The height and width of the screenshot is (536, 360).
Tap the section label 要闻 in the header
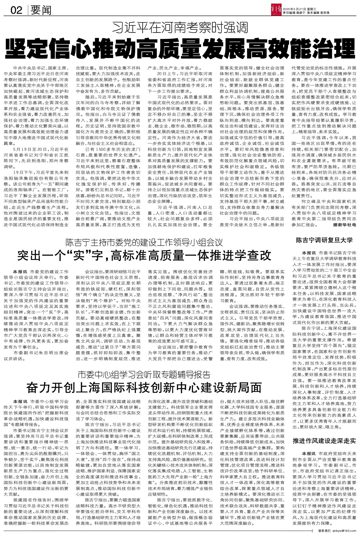pos(41,10)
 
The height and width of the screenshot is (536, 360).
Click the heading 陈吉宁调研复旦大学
pos(324,240)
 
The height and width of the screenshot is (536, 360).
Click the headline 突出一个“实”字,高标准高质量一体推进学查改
pos(145,256)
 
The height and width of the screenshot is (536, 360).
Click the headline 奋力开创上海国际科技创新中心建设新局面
pos(144,388)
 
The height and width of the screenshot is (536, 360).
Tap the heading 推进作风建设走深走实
pos(324,441)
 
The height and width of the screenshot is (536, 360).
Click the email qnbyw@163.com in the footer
pos(345,532)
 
